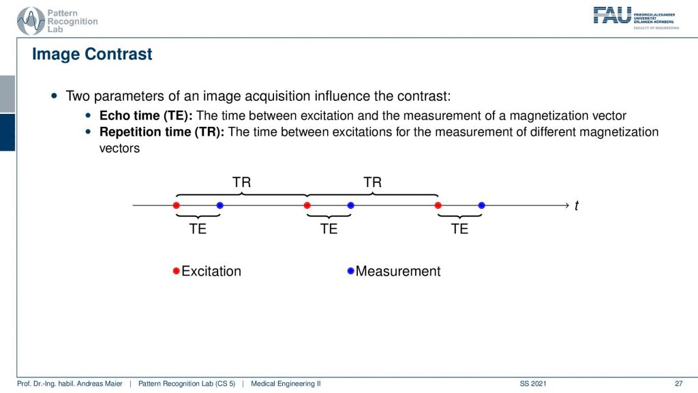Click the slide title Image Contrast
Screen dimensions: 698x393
click(x=92, y=54)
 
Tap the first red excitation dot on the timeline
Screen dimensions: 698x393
click(x=177, y=205)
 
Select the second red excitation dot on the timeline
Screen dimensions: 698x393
click(x=307, y=205)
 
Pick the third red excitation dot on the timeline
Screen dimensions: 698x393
click(x=438, y=205)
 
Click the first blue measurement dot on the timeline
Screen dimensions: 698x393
click(x=220, y=205)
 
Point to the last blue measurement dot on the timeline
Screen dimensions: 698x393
click(x=482, y=205)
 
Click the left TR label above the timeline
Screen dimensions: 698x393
click(x=242, y=182)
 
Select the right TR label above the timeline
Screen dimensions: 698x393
click(x=373, y=182)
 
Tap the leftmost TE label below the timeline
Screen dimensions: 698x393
click(x=198, y=229)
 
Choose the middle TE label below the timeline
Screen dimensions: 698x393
click(x=329, y=229)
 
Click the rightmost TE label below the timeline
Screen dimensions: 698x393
click(x=460, y=229)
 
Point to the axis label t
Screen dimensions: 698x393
click(x=577, y=205)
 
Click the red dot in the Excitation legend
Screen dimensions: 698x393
click(x=177, y=271)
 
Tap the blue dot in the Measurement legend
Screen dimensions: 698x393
click(x=351, y=271)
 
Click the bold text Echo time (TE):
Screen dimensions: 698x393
click(x=146, y=116)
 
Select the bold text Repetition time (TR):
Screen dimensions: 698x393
click(x=162, y=132)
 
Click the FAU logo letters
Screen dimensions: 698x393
click(x=613, y=16)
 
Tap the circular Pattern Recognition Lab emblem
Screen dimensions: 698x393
click(x=31, y=21)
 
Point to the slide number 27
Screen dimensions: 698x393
click(x=679, y=383)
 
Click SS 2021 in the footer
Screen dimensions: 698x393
click(x=533, y=383)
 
